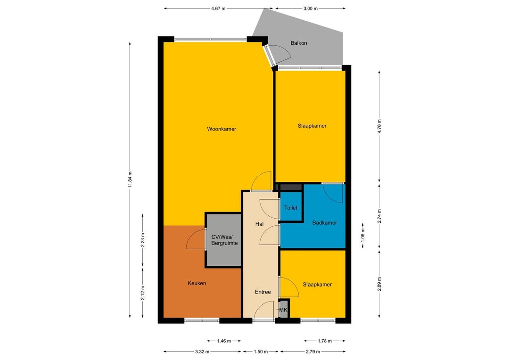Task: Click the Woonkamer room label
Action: (222, 129)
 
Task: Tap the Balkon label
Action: (299, 43)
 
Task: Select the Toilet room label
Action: (290, 208)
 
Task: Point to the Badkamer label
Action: (324, 223)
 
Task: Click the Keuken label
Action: (197, 283)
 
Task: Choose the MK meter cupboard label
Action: (283, 310)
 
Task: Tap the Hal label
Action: (259, 224)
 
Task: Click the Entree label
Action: (263, 292)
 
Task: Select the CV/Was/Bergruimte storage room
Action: (224, 240)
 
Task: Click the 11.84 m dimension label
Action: (130, 180)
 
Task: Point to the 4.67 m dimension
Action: (218, 8)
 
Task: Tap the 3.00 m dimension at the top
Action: (310, 8)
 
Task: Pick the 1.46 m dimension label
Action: (224, 341)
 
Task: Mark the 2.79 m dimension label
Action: (312, 352)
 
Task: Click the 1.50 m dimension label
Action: (261, 352)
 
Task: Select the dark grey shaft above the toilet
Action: (291, 188)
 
